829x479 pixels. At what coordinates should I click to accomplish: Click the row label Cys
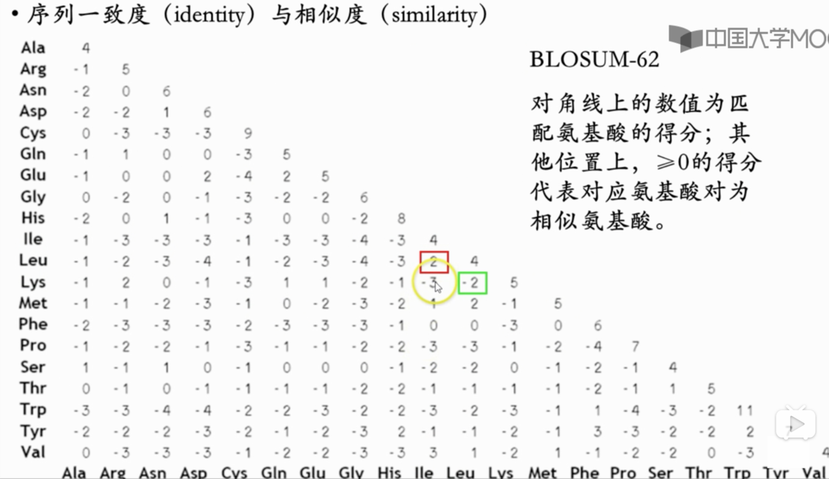33,132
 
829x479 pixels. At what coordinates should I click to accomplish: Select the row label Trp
33,409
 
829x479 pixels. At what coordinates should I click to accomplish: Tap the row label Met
33,303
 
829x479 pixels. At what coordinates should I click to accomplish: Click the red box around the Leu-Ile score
434,262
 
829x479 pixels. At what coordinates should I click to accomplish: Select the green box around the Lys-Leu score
473,283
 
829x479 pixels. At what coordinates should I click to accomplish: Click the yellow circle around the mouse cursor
435,284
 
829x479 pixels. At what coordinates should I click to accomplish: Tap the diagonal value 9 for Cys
248,133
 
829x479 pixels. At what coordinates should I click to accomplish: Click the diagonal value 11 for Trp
745,410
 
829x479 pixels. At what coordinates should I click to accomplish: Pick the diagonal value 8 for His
401,218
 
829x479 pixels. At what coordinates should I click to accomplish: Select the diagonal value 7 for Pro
635,346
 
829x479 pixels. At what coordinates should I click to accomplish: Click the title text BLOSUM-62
594,60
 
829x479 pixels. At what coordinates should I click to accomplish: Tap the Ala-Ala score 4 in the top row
86,48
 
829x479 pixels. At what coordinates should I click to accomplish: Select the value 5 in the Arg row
126,70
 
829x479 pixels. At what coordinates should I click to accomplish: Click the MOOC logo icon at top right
685,38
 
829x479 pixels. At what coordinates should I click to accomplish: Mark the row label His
33,218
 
